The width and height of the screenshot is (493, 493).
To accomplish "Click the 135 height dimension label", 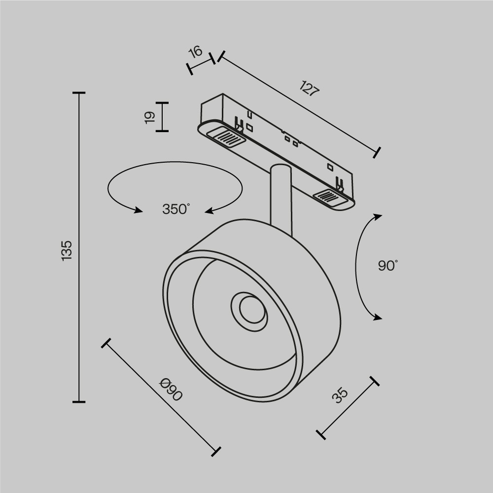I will pyautogui.click(x=67, y=250).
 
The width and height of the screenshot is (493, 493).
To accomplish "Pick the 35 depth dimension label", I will pyautogui.click(x=340, y=395).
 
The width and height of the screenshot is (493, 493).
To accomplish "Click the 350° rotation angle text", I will pyautogui.click(x=176, y=209).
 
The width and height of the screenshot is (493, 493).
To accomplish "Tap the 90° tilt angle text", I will pyautogui.click(x=387, y=266).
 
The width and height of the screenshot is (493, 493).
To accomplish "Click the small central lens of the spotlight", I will pyautogui.click(x=249, y=309).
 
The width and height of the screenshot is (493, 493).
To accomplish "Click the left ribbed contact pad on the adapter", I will pyautogui.click(x=226, y=136).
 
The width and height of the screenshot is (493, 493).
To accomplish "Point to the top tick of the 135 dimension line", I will pyautogui.click(x=79, y=93).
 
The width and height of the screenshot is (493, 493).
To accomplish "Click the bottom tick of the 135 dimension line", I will pyautogui.click(x=79, y=402).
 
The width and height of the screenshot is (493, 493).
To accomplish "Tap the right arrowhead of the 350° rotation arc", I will pyautogui.click(x=210, y=211).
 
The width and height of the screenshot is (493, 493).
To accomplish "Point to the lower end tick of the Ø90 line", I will pyautogui.click(x=215, y=451).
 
